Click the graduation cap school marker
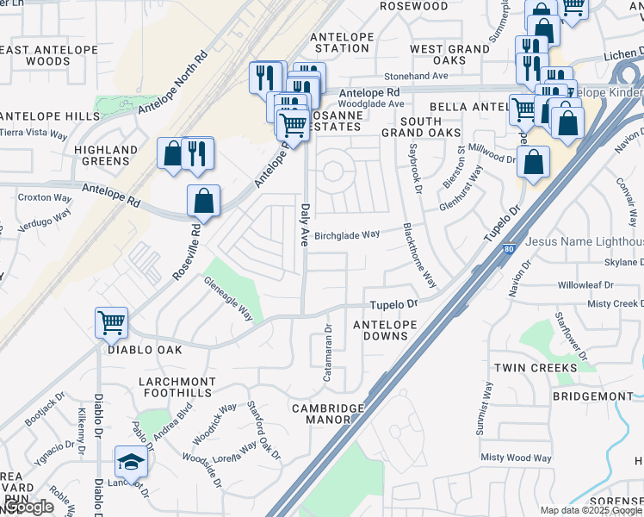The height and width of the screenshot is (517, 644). pos(131,462)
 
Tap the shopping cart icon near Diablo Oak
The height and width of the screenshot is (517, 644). pos(112,323)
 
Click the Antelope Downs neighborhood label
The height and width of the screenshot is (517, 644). pos(386,330)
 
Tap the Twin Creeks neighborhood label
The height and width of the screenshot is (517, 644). pos(536,368)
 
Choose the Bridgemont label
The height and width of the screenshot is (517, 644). pos(592,396)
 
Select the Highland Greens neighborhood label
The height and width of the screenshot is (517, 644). pos(106,155)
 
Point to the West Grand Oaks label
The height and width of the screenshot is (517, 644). pos(449,54)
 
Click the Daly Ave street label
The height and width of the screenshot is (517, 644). pos(304,225)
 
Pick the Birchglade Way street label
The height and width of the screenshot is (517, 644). pos(347,234)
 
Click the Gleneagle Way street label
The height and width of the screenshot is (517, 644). pos(228,299)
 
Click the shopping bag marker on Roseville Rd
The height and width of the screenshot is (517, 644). pos(203,201)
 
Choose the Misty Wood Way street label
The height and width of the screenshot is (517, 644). pos(517,458)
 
